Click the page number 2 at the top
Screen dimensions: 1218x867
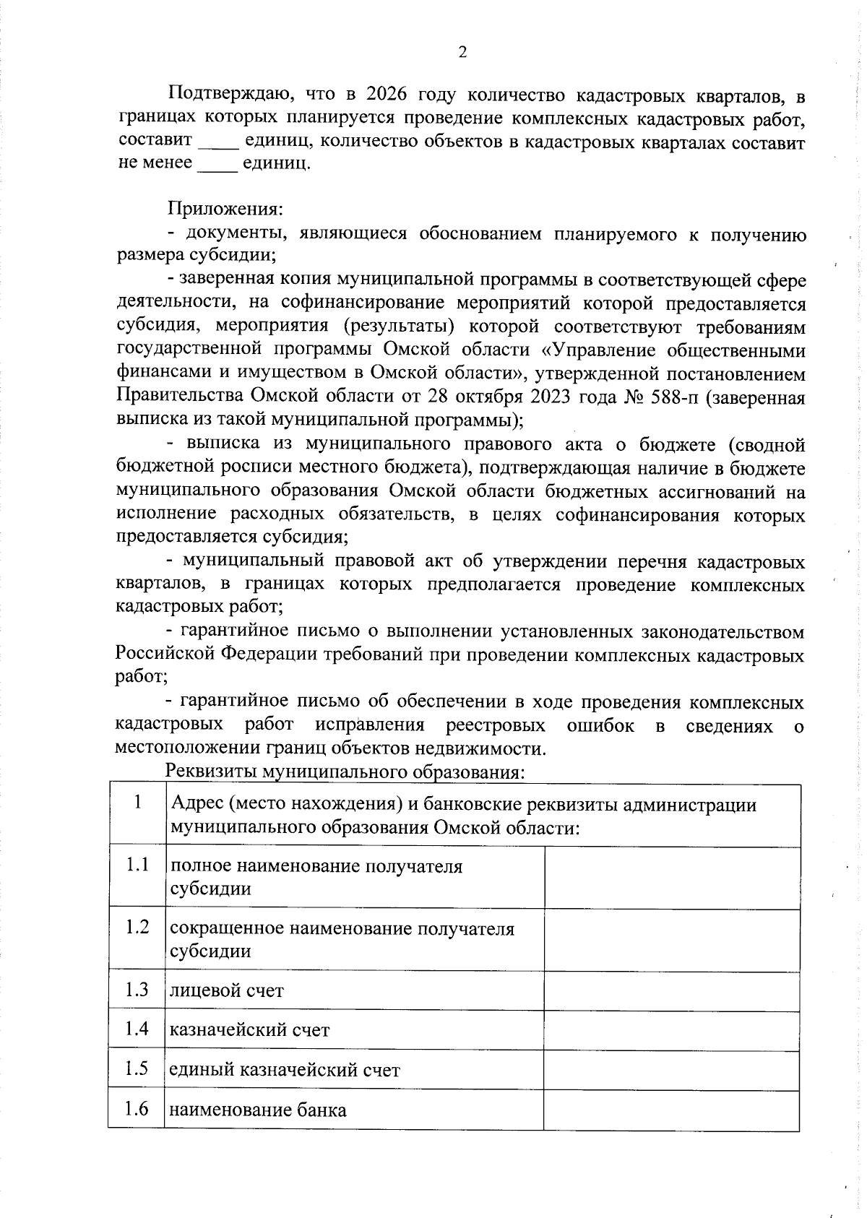tap(462, 52)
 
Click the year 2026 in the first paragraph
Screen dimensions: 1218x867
tap(387, 95)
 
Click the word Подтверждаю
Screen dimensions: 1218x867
tap(228, 95)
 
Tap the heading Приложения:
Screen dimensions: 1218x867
tap(225, 210)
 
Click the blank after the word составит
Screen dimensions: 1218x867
tap(218, 142)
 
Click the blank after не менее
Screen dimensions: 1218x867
tap(217, 165)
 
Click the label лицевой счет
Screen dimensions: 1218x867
tap(226, 990)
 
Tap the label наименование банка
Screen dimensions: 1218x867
tap(257, 1110)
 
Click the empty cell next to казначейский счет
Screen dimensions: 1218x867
tap(671, 1029)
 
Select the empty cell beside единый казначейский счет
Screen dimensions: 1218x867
tap(671, 1069)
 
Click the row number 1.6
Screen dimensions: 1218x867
tap(137, 1108)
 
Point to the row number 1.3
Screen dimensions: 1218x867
tap(137, 990)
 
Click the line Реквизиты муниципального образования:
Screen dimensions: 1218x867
tap(344, 772)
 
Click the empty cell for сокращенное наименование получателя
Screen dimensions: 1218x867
tap(671, 939)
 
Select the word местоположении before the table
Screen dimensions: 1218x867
tap(189, 748)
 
